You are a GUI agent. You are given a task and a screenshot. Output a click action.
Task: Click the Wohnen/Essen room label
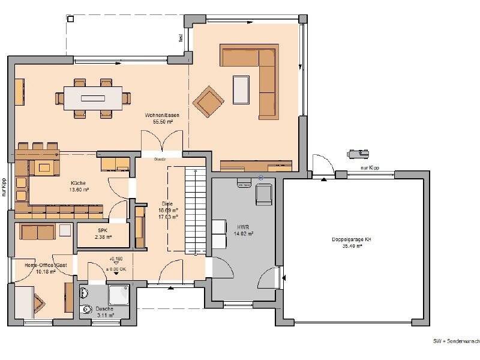pos(158,118)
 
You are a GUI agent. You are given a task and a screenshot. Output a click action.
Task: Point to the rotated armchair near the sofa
pos(208,100)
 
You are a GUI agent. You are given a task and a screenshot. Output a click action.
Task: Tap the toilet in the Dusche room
pos(84,294)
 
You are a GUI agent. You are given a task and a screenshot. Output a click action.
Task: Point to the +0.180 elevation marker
pos(115,259)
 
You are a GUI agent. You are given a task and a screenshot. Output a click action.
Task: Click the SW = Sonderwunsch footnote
pos(456,340)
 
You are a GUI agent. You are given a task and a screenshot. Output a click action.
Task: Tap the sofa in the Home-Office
pos(37,230)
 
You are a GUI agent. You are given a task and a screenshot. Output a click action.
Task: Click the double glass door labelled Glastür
pos(160,145)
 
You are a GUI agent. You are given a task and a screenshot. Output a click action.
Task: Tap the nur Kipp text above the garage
pos(370,169)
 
